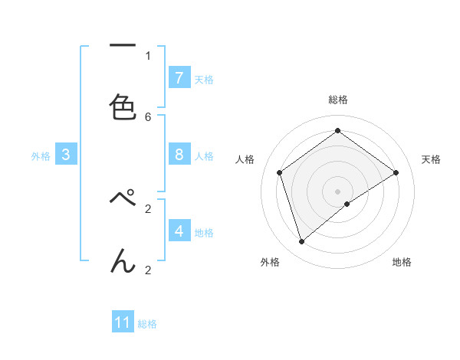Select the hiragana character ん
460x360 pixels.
(123, 260)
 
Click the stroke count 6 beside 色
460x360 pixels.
(148, 116)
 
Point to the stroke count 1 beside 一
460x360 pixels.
(148, 55)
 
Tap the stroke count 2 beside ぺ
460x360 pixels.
(148, 208)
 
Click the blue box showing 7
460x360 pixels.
(179, 78)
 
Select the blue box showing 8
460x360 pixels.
(179, 155)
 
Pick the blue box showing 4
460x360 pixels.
(179, 231)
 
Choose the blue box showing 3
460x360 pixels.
(66, 155)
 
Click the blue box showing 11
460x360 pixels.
(123, 322)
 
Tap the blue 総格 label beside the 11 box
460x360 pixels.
(147, 324)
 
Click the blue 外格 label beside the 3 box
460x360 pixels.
(41, 156)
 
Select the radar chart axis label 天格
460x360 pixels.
(431, 159)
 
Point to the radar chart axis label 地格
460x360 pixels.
(402, 262)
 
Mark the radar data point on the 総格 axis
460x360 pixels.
(337, 131)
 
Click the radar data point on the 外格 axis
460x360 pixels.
(301, 242)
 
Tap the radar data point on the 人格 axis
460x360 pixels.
(280, 172)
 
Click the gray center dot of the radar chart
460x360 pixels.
(337, 191)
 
